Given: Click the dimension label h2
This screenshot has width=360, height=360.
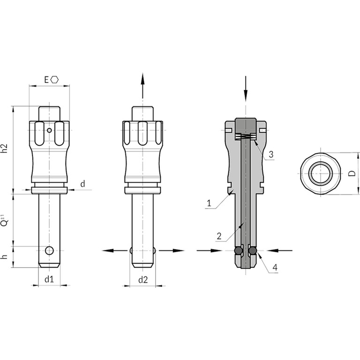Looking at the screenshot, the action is pyautogui.click(x=5, y=148).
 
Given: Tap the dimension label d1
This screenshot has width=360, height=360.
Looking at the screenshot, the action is pyautogui.click(x=49, y=279).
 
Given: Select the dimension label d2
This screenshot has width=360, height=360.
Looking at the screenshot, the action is pyautogui.click(x=143, y=280).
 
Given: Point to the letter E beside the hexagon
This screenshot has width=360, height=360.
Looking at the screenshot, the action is pyautogui.click(x=46, y=80).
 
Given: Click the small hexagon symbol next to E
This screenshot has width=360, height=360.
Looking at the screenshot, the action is pyautogui.click(x=55, y=80).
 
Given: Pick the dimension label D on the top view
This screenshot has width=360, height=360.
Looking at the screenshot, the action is pyautogui.click(x=352, y=173).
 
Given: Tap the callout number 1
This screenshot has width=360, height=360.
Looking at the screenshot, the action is pyautogui.click(x=209, y=203).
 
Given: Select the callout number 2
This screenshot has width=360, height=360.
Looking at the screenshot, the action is pyautogui.click(x=219, y=236).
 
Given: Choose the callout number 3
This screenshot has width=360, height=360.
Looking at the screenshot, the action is pyautogui.click(x=271, y=155).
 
